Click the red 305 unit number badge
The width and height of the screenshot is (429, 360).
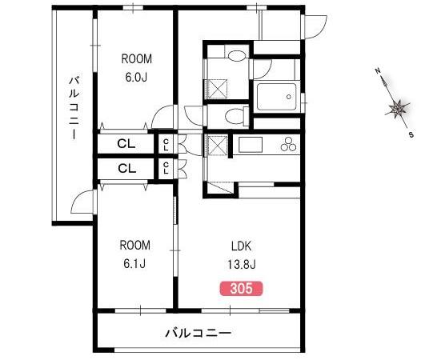[x=241, y=289]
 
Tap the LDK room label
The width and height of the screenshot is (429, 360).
[x=242, y=246]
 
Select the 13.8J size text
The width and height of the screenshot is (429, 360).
[x=242, y=265]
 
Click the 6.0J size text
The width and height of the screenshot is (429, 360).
[x=136, y=78]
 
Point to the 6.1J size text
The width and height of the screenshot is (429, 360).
[x=134, y=264]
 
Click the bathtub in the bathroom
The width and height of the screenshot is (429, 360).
[x=277, y=97]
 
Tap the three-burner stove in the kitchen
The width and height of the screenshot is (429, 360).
[x=288, y=144]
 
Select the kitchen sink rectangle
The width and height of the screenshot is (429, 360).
[x=251, y=145]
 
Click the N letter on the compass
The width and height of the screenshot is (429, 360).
[x=378, y=71]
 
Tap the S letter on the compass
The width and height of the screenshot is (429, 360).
[x=411, y=134]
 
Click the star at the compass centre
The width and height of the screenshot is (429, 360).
[x=397, y=110]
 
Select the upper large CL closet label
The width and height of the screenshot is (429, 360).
[x=126, y=144]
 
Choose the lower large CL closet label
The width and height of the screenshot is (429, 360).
[x=127, y=168]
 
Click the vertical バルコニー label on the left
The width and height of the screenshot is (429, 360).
[x=74, y=108]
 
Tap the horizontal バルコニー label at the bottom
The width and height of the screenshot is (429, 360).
[x=198, y=333]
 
